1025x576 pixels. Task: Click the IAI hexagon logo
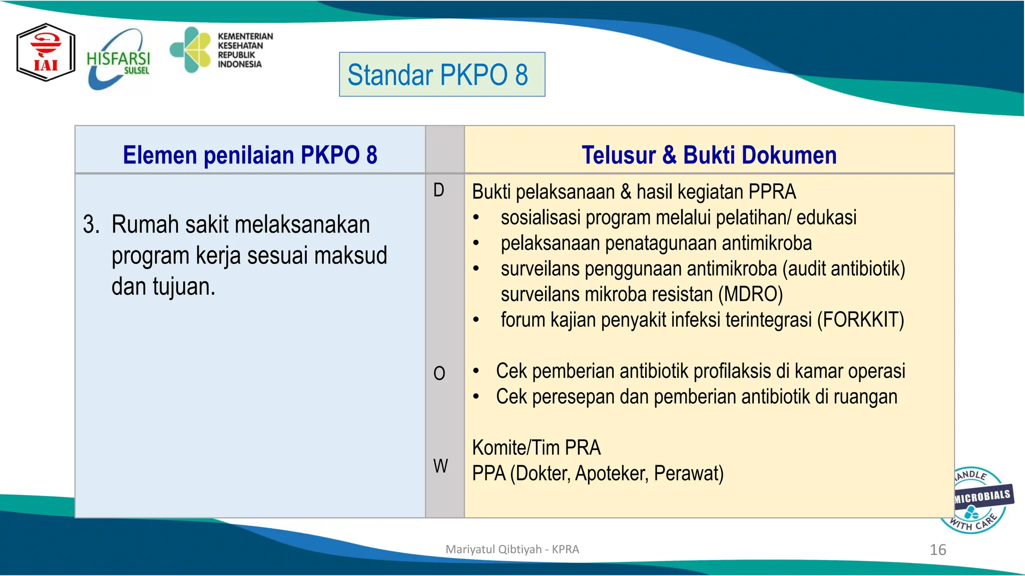point(46,52)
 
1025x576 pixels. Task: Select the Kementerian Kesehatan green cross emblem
point(191,49)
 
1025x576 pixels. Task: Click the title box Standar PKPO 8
point(442,74)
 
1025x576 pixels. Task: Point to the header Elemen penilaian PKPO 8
point(250,154)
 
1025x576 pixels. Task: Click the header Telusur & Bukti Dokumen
point(709,154)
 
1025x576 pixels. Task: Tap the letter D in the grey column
point(439,190)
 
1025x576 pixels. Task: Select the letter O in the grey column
point(439,373)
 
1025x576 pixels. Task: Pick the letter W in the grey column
point(440,466)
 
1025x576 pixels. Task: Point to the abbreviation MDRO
point(750,294)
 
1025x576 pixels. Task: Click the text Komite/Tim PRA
point(536,447)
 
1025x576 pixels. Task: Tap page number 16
point(937,550)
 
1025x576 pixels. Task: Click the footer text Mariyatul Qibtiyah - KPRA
point(512,549)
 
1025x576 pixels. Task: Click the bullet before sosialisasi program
point(476,218)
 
